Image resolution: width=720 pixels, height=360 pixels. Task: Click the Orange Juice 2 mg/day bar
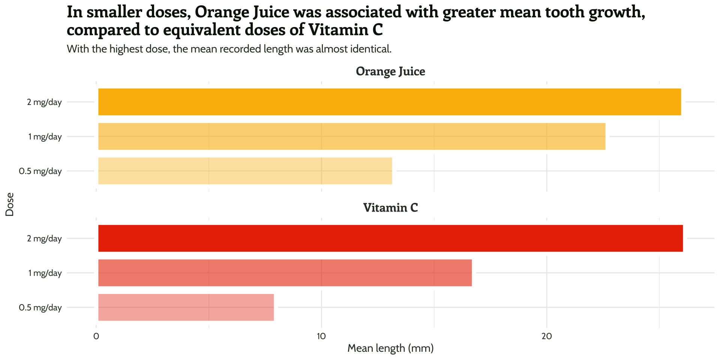pos(389,102)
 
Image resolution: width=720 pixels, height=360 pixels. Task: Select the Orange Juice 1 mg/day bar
pos(351,136)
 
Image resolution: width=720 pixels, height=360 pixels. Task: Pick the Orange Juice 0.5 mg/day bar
pos(245,171)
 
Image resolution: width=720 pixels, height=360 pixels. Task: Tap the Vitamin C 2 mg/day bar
pos(390,238)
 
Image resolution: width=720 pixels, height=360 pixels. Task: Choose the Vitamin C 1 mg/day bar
pos(285,273)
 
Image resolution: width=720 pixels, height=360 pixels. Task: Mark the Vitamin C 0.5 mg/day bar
pos(186,307)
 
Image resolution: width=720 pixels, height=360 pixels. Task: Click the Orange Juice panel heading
pos(390,71)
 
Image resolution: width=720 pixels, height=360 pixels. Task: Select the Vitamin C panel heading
pos(390,208)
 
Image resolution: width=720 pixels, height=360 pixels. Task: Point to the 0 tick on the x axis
pos(96,336)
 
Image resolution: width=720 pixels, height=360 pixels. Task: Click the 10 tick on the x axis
pos(321,336)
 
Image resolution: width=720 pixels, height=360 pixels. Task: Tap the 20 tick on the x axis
pos(547,336)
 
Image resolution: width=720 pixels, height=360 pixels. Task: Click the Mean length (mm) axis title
pos(390,348)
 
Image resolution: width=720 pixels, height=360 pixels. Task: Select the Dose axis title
pos(10,204)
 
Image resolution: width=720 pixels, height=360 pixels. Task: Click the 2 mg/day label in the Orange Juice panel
pos(44,102)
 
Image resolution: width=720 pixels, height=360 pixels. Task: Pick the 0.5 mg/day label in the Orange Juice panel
pos(40,171)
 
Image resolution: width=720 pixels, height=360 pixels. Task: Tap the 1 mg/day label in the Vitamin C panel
pos(45,273)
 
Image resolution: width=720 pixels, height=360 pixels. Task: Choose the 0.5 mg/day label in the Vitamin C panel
pos(40,307)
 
